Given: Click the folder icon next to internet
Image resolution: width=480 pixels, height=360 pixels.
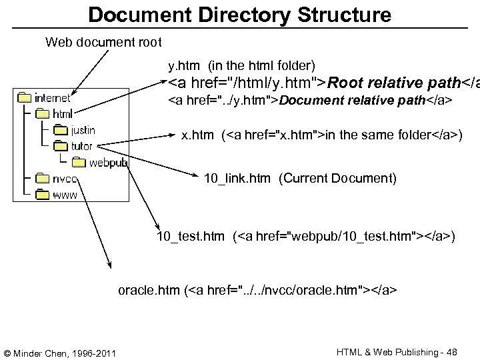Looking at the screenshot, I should (25, 98).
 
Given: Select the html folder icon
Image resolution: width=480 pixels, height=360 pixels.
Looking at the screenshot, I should (42, 114).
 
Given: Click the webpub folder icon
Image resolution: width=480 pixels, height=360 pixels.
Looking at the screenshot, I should (79, 162).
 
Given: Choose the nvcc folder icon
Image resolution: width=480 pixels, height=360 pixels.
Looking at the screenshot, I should (42, 178).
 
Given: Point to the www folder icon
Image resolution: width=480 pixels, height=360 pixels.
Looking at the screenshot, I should (42, 194).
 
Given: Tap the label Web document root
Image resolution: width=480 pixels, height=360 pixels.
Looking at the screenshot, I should (103, 43).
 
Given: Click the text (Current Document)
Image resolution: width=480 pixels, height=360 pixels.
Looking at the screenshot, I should (337, 178).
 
